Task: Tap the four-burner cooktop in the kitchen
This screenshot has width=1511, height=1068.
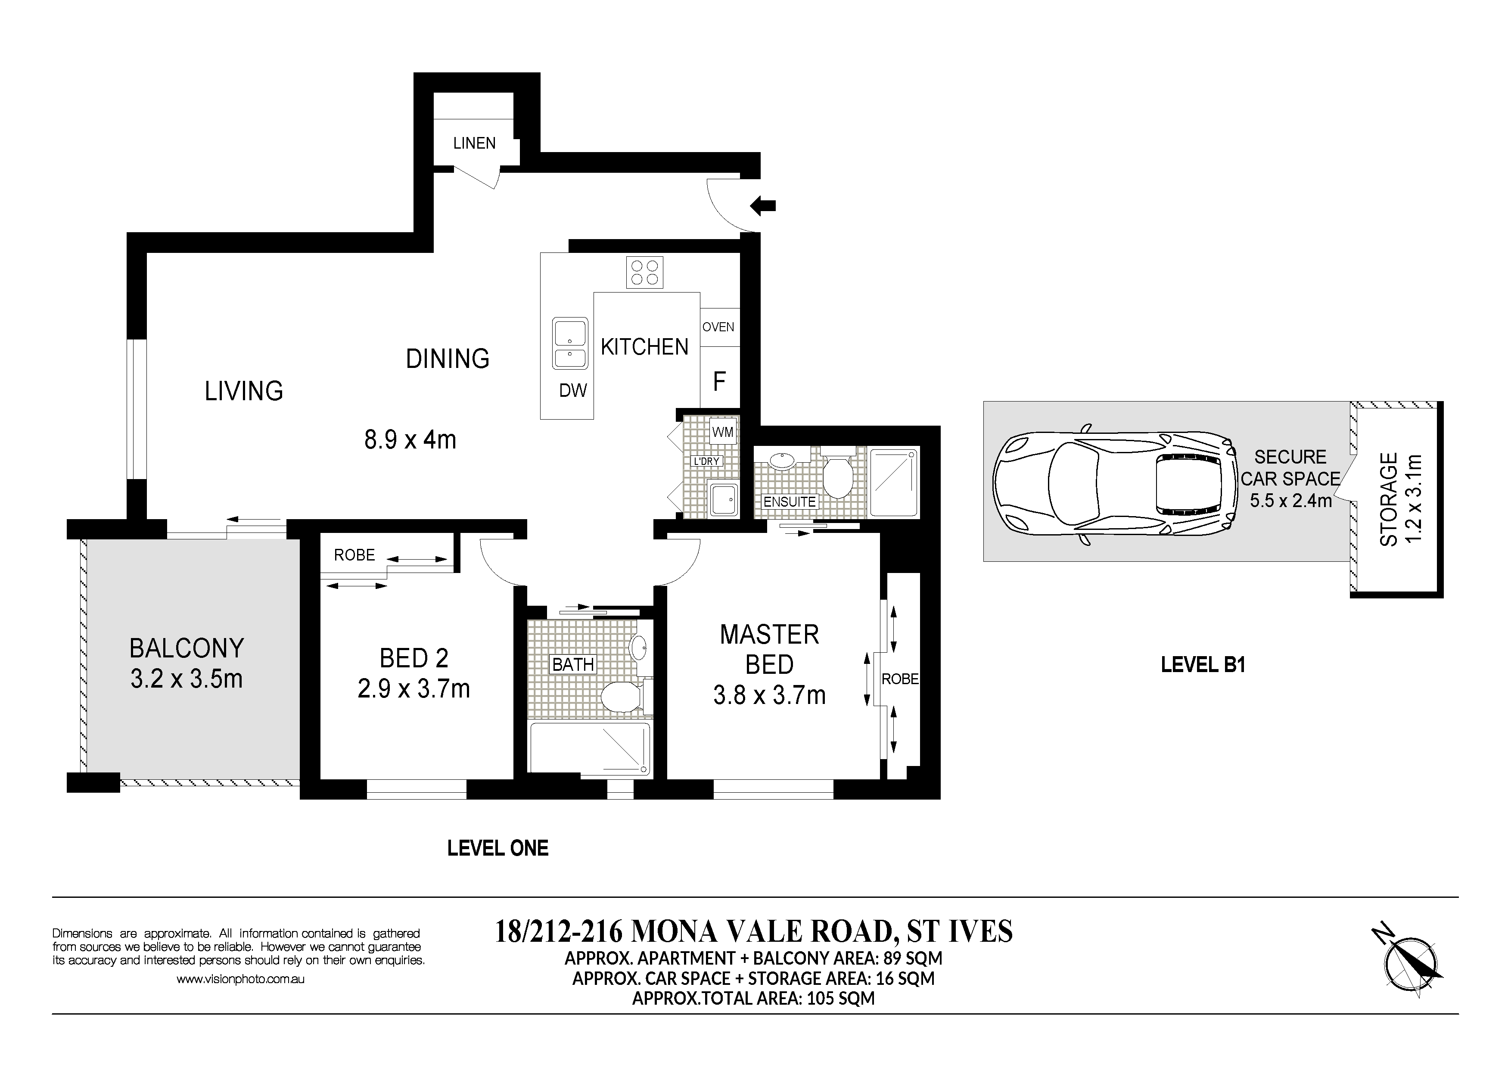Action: (644, 272)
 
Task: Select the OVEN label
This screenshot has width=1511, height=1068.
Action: (718, 327)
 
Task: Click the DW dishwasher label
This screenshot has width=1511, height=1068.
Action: (572, 391)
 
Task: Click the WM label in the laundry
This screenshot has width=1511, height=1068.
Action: (723, 433)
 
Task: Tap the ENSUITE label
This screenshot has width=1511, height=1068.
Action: (789, 501)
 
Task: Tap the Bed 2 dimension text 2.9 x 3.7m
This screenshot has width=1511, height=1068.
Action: (414, 689)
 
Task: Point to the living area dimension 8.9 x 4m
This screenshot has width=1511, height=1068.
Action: (410, 439)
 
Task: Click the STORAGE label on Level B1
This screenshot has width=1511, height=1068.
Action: (1389, 499)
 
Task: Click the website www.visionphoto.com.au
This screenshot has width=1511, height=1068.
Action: (240, 979)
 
